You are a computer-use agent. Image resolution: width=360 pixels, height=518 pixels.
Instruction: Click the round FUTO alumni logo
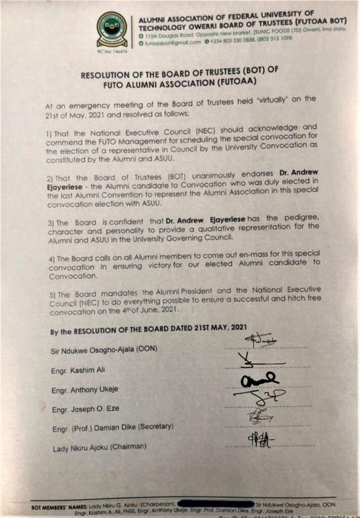coord(112,29)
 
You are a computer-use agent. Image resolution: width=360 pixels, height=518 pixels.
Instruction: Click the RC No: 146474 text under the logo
coord(112,51)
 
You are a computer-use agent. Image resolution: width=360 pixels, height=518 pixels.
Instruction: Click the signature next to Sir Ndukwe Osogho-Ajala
coord(261,340)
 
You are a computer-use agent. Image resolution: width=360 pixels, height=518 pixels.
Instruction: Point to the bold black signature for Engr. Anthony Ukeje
coord(259,380)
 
